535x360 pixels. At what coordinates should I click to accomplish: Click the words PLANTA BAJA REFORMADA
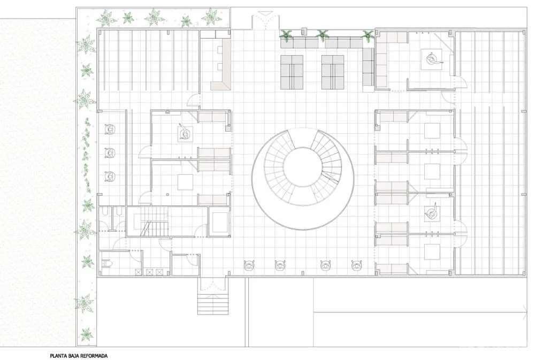click(x=79, y=355)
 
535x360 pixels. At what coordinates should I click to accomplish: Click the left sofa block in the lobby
click(x=292, y=72)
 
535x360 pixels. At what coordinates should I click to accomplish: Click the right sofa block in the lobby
click(x=333, y=72)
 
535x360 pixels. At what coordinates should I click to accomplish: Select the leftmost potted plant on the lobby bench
click(x=288, y=36)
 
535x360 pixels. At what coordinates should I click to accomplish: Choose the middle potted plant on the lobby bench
click(x=323, y=36)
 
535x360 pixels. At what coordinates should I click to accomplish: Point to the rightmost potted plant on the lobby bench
click(x=368, y=36)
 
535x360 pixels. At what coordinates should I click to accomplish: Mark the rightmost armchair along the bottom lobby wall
click(x=357, y=265)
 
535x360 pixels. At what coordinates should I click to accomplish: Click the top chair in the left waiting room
click(x=111, y=129)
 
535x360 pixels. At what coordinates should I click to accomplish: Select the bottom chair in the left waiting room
click(x=111, y=176)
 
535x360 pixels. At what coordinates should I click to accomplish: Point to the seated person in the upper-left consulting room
click(x=184, y=132)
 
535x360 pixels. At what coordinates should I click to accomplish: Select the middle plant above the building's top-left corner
click(x=154, y=16)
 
